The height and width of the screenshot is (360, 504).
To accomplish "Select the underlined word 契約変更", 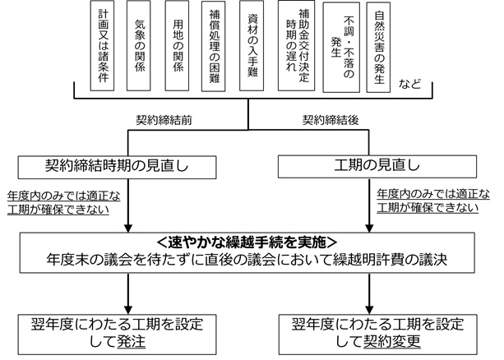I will pos(386,340).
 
